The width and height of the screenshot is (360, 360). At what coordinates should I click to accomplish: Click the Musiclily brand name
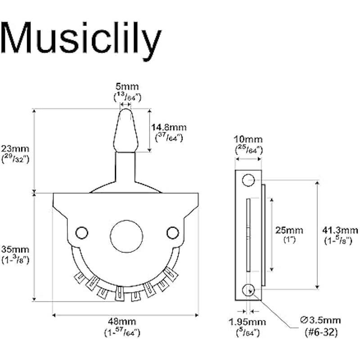click(x=81, y=39)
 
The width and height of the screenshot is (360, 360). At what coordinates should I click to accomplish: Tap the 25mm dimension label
click(x=288, y=230)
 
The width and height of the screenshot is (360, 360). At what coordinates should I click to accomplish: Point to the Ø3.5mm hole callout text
click(x=319, y=320)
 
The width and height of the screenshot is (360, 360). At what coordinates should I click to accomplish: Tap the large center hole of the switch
click(x=126, y=236)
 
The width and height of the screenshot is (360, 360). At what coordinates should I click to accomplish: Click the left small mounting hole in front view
click(x=81, y=232)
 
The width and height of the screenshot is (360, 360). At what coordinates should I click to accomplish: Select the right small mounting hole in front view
click(x=172, y=232)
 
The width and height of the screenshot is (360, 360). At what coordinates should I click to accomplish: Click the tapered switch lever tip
click(x=126, y=128)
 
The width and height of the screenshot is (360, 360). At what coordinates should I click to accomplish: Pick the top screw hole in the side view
click(x=248, y=181)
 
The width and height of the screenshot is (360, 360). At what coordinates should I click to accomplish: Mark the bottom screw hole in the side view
click(x=248, y=290)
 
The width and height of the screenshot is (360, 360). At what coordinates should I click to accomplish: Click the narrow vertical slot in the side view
click(x=247, y=235)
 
